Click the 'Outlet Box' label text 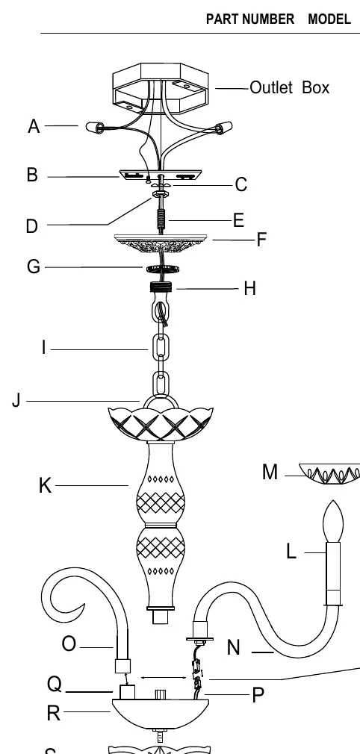289,87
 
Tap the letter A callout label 34,126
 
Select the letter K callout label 45,486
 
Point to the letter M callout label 270,473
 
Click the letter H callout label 249,288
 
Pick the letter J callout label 16,400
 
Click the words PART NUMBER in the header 249,19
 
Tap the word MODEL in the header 329,19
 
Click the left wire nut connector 95,128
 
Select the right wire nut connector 224,128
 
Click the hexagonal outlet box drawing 161,89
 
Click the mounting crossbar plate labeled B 161,175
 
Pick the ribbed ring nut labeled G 163,269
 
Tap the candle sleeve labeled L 333,573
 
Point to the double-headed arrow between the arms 164,678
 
